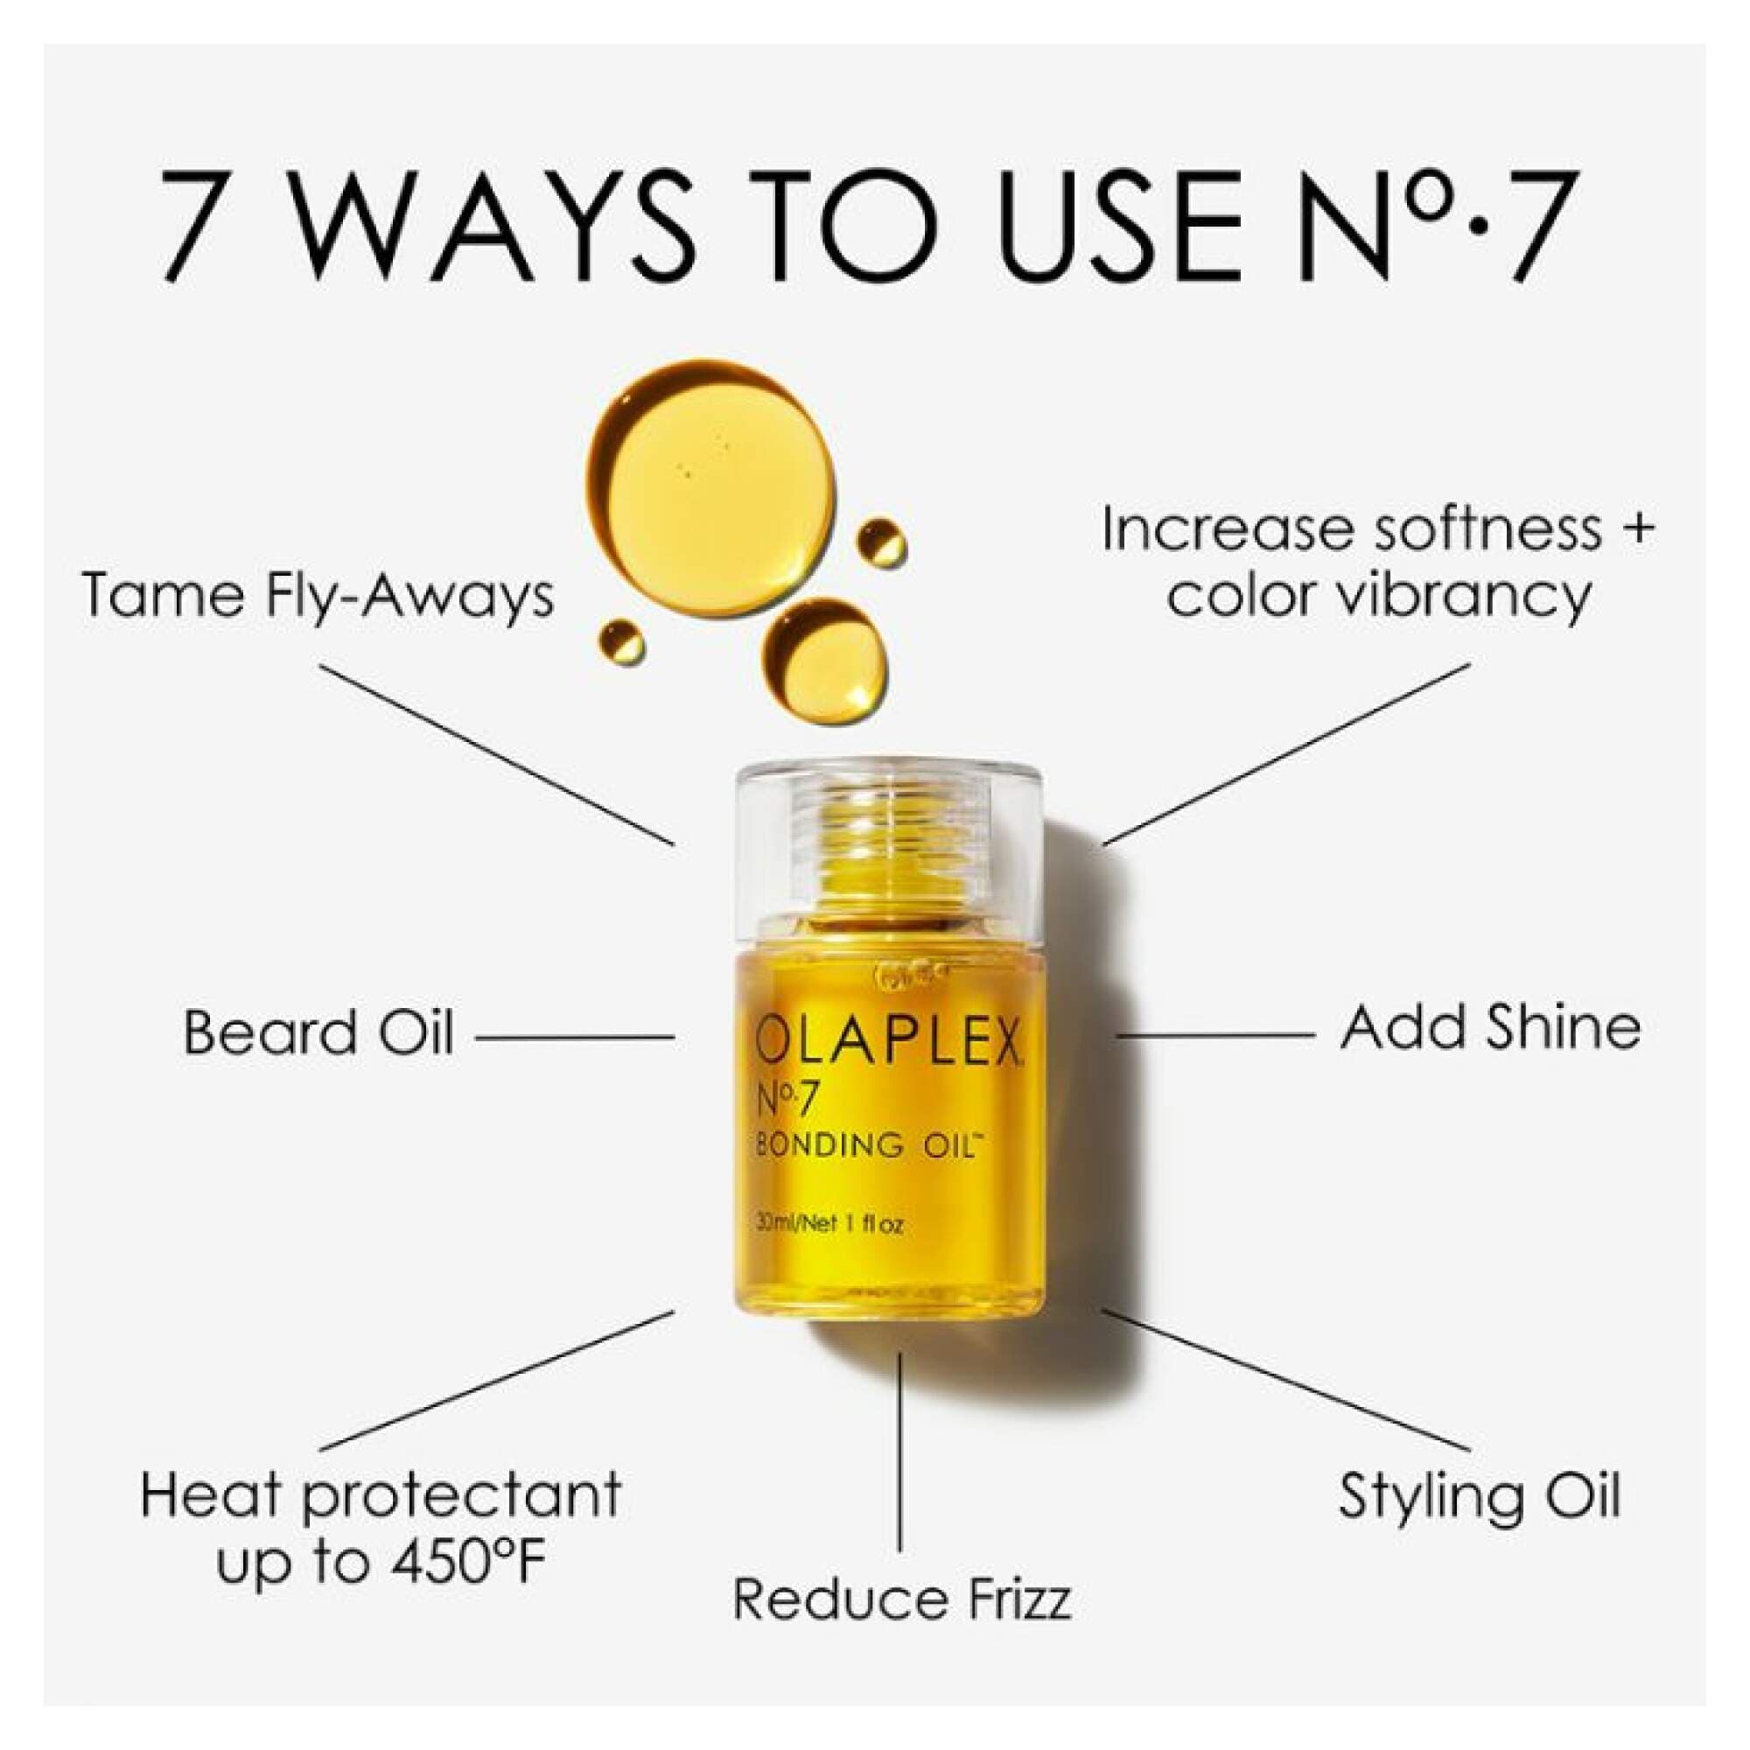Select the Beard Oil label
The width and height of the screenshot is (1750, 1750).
(318, 1032)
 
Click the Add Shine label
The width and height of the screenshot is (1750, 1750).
(1490, 1028)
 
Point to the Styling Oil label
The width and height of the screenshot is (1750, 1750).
(1479, 1496)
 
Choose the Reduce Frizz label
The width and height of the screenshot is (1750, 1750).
(902, 1599)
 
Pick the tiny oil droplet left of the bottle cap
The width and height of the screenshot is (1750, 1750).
(622, 641)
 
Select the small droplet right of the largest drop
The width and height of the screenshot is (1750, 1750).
(881, 542)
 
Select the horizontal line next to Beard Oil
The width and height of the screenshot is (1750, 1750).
(575, 1038)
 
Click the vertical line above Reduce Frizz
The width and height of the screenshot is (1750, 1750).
(899, 1449)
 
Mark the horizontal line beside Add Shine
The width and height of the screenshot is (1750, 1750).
(1215, 1034)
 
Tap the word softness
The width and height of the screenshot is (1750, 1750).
(1486, 530)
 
